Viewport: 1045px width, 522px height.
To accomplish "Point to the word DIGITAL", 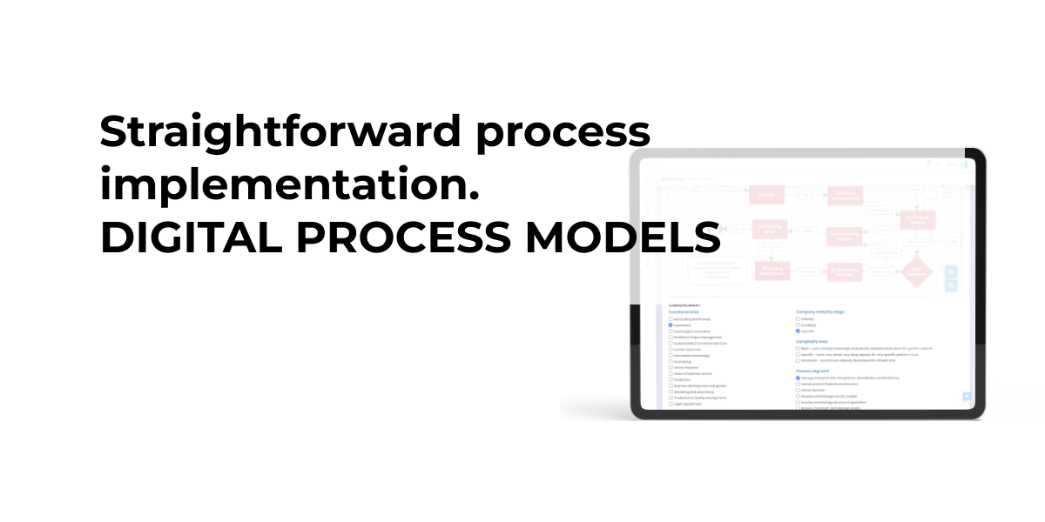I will [x=184, y=238].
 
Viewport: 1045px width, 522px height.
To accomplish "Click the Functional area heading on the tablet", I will [x=684, y=311].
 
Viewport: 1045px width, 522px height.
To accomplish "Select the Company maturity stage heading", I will [x=820, y=311].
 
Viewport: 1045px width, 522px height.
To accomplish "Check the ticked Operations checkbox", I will [x=671, y=325].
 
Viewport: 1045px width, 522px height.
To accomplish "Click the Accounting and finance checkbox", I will [x=671, y=319].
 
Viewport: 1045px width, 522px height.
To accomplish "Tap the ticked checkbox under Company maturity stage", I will [x=798, y=331].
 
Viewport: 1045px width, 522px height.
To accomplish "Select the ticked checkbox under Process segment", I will [x=798, y=378].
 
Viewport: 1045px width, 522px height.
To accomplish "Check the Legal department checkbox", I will [x=671, y=404].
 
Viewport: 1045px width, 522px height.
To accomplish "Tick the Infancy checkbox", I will [x=798, y=319].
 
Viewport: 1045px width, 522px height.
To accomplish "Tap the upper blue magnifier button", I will [x=951, y=271].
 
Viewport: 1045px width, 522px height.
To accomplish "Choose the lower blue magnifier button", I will [x=951, y=284].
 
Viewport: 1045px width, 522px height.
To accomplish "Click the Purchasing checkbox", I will [x=671, y=361].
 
